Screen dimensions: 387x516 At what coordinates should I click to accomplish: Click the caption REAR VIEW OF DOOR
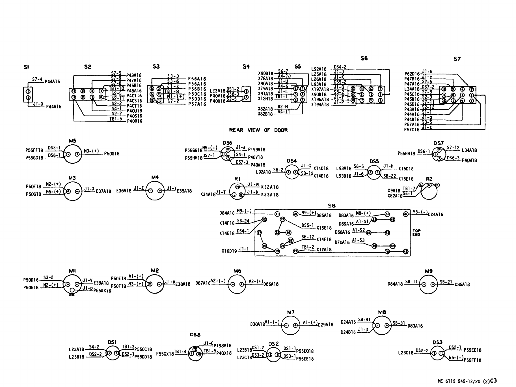coord(258,130)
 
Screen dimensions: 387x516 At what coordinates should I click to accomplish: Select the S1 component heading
coord(26,67)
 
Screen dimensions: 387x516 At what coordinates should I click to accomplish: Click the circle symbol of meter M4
coord(155,191)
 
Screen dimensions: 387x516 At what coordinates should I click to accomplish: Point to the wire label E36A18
coord(124,191)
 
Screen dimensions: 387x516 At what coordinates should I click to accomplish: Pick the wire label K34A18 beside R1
coord(208,195)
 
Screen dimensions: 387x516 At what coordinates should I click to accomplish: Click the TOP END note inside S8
coord(416,233)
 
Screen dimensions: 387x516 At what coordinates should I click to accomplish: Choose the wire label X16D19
coord(229,251)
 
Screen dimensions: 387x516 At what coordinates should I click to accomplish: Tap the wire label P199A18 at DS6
coord(256,150)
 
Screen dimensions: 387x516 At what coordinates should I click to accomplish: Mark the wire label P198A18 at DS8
coord(223,346)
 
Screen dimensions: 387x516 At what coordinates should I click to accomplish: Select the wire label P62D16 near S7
coord(412,74)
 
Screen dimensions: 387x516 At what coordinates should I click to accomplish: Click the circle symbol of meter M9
coord(429,285)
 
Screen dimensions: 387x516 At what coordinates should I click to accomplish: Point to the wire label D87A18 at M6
coord(203,283)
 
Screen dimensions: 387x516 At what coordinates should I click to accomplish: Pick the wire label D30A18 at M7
coord(257,324)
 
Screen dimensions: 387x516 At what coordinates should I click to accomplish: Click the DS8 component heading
coord(195,335)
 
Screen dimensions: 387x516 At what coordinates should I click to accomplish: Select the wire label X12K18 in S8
coord(324,250)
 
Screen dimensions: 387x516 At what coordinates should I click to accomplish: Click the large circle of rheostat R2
coord(429,192)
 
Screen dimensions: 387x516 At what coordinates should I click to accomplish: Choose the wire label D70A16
coord(342,242)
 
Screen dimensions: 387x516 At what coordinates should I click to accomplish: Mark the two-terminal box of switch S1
coord(28,95)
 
